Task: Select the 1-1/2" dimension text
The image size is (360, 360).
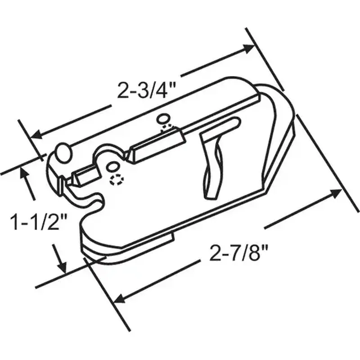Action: tap(39, 222)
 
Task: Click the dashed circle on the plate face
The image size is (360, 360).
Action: tap(116, 180)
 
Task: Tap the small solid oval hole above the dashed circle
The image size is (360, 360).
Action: tap(111, 168)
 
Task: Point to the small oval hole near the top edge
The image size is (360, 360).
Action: tap(162, 119)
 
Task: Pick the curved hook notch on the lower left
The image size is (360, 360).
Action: tap(90, 205)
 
